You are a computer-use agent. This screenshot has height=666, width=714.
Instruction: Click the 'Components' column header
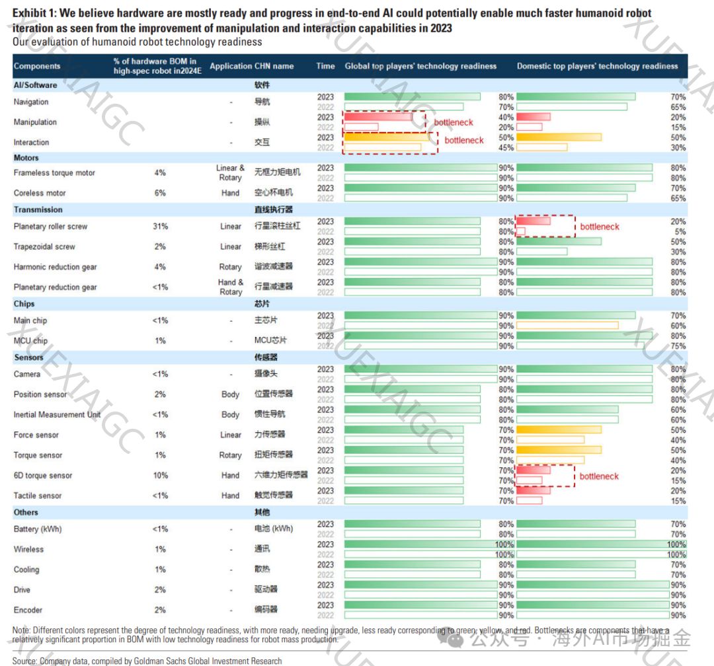tap(37, 66)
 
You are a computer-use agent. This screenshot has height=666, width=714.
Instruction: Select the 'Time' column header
tap(325, 66)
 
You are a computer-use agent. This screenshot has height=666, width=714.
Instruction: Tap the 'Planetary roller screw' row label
tap(50, 227)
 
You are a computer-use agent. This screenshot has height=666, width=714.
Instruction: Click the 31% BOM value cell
tap(160, 227)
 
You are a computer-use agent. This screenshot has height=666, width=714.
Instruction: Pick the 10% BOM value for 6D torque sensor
tap(160, 476)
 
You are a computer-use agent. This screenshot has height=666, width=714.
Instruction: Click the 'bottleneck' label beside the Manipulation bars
tap(454, 122)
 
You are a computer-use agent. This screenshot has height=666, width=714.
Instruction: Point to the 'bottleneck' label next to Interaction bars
tap(464, 140)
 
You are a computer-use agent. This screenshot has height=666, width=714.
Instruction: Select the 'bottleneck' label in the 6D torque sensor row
tap(599, 476)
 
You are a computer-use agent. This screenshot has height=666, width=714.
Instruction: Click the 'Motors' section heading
tap(26, 158)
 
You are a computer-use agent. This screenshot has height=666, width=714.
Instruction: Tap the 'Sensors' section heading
tap(28, 357)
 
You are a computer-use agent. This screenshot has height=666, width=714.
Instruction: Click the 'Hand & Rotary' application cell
tap(231, 287)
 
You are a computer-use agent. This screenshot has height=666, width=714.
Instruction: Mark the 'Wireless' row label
tap(28, 549)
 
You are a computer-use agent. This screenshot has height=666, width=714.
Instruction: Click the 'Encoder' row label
tap(28, 610)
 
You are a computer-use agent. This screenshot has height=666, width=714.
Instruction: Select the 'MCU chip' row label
tap(30, 341)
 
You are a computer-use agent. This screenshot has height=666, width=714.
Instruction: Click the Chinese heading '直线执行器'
tap(273, 209)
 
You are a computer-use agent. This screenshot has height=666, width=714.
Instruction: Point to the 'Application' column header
tap(231, 66)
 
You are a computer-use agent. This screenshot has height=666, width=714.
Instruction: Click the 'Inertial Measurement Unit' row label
tap(57, 415)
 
